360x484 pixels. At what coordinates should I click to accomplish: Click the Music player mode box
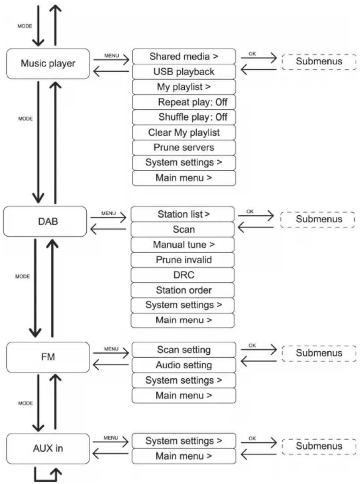(48, 63)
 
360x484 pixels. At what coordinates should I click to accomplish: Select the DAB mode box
(45, 221)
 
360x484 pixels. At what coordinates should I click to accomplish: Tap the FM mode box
(48, 357)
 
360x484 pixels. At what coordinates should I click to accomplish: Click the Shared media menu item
(184, 56)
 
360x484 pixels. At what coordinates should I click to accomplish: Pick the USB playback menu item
(184, 72)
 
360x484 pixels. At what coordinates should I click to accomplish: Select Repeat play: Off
(184, 102)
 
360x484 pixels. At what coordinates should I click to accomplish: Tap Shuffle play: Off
(184, 117)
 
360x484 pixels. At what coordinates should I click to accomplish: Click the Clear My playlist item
(184, 132)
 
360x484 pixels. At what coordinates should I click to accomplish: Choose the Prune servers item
(184, 147)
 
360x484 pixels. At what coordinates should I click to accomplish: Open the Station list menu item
(182, 214)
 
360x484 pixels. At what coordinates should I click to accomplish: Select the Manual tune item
(182, 244)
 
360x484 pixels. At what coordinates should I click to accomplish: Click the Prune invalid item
(182, 260)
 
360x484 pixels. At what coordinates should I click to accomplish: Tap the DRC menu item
(182, 275)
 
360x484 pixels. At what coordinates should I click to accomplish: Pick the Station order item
(182, 290)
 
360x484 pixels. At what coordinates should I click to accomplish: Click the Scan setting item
(184, 350)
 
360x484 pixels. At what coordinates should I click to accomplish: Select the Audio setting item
(184, 365)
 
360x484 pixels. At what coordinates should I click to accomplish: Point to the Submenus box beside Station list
(318, 220)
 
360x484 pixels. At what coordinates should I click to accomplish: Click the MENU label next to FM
(111, 349)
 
